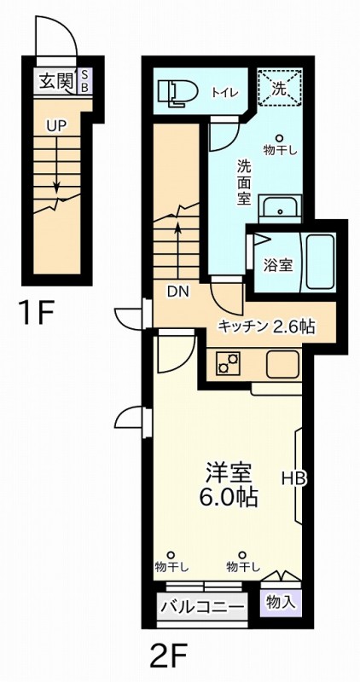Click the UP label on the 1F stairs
(x=56, y=124)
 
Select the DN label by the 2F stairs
(x=177, y=292)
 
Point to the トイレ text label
(x=225, y=92)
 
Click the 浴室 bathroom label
(x=278, y=264)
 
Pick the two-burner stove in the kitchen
(x=229, y=364)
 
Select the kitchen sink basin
(x=282, y=364)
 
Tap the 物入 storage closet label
(x=281, y=602)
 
